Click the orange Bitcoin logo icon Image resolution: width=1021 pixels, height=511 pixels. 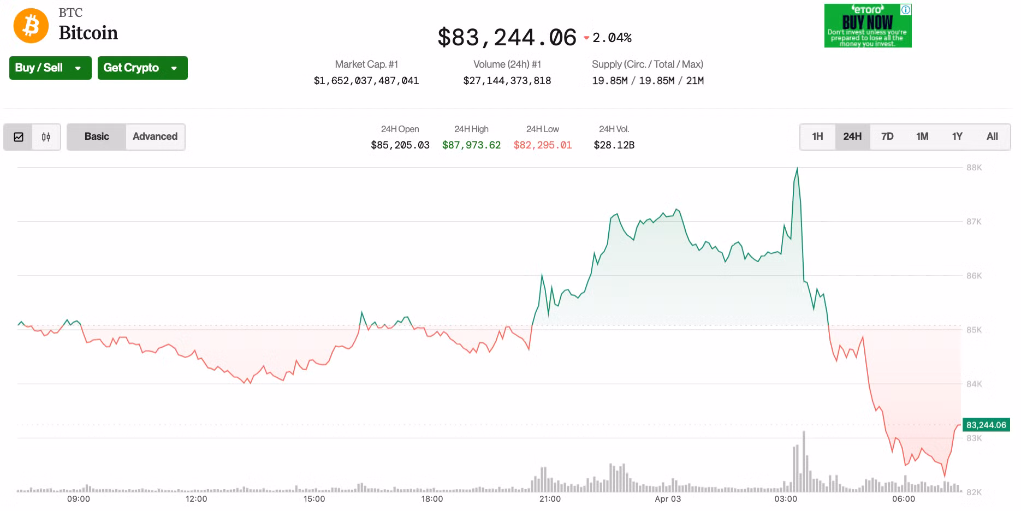click(31, 26)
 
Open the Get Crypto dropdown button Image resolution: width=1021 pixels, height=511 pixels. click(142, 68)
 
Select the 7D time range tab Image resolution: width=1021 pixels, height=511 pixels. click(887, 136)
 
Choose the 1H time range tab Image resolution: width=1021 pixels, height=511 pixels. click(817, 136)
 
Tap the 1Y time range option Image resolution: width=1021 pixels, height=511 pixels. click(957, 136)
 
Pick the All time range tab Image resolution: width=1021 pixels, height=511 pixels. click(992, 136)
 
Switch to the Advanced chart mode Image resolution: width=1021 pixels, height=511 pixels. click(155, 136)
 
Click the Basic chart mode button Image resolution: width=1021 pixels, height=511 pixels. click(97, 136)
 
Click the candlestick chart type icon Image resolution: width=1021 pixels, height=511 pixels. click(46, 137)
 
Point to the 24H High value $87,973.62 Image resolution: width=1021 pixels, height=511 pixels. click(471, 145)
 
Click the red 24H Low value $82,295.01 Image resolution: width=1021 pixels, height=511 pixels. click(542, 145)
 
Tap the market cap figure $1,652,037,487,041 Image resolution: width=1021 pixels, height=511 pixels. click(366, 81)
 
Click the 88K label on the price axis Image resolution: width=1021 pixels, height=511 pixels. click(974, 168)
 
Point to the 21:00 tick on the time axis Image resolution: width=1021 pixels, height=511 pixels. click(550, 499)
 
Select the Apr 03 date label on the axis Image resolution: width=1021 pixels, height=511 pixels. click(668, 499)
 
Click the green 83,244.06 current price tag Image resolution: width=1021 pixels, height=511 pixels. click(986, 425)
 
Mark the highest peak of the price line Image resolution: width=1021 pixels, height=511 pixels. click(797, 169)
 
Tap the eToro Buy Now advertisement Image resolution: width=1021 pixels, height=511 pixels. click(868, 26)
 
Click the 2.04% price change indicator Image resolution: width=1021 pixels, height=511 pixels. click(612, 38)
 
